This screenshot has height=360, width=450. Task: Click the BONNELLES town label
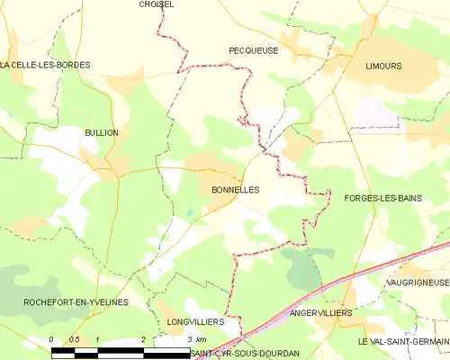[235, 191]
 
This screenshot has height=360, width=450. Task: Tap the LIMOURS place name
[383, 67]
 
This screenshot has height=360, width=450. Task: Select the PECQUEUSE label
[253, 51]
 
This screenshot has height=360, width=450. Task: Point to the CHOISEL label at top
[157, 4]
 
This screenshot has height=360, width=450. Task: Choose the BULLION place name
[101, 132]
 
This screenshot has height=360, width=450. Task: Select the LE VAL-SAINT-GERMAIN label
[402, 343]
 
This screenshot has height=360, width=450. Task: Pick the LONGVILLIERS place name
[194, 320]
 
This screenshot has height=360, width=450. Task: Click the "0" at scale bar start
[51, 339]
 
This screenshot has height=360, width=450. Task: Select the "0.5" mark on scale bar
[74, 339]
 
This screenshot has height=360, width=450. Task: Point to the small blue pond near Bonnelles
[189, 212]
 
